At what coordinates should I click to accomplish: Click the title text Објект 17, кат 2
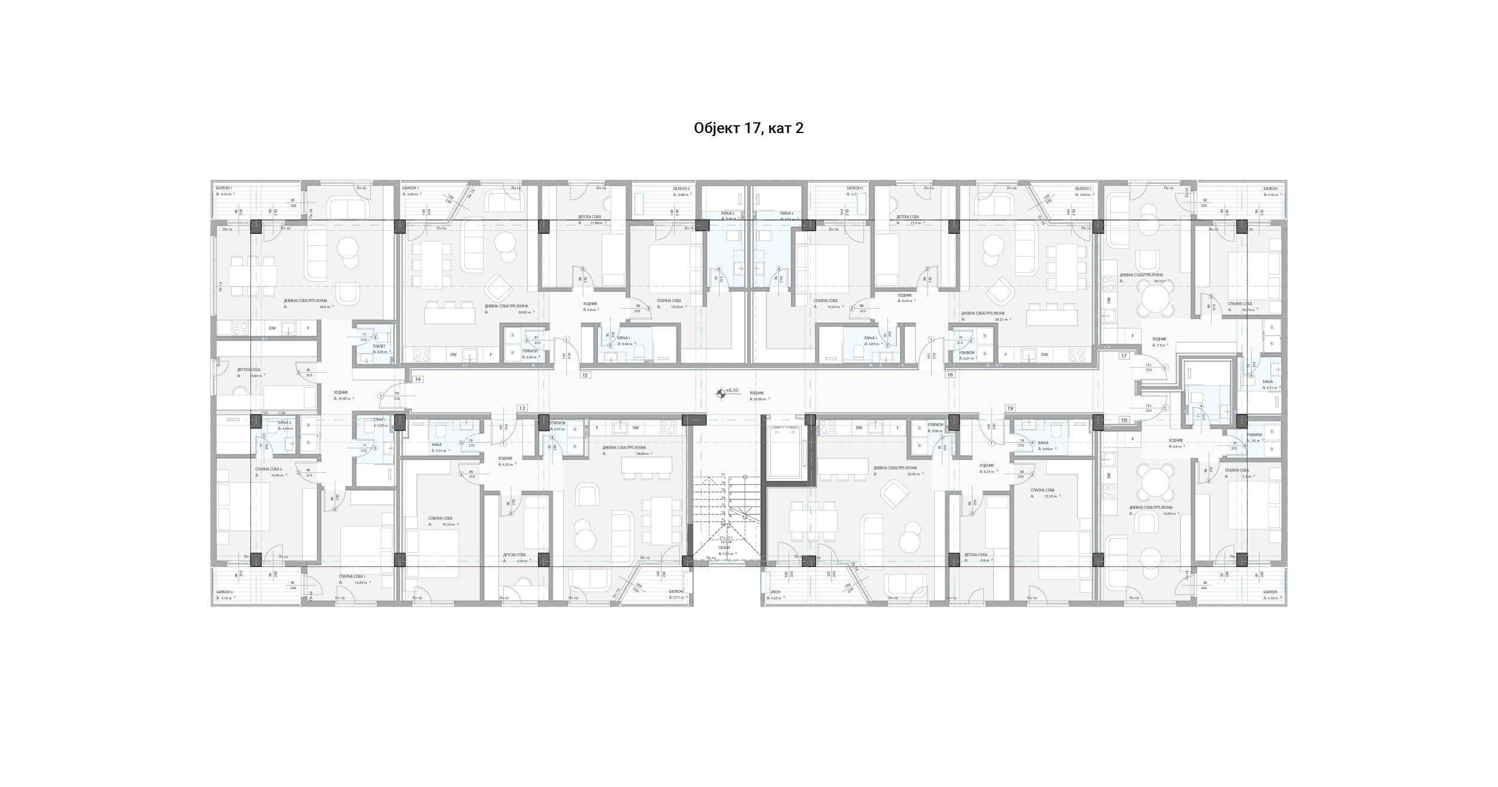[x=748, y=128]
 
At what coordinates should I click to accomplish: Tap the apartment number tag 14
[x=418, y=379]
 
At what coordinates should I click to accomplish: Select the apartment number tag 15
[x=585, y=375]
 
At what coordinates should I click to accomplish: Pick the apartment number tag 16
[x=950, y=375]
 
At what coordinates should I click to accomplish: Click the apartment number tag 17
[x=1124, y=356]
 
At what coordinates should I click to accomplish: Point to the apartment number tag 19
[x=1010, y=408]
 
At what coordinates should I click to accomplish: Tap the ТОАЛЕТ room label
[x=379, y=346]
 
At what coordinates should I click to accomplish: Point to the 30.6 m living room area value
[x=325, y=307]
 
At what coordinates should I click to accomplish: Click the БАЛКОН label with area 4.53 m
[x=774, y=592]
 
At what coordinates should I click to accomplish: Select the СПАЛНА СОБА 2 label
[x=268, y=469]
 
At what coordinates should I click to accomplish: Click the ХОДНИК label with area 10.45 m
[x=340, y=393]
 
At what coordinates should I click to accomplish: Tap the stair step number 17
[x=723, y=475]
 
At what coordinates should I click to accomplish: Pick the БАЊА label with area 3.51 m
[x=1267, y=382]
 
